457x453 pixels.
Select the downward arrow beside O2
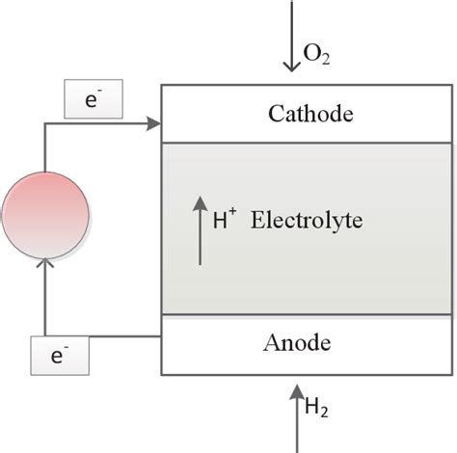291,39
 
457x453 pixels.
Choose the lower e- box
60,355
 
